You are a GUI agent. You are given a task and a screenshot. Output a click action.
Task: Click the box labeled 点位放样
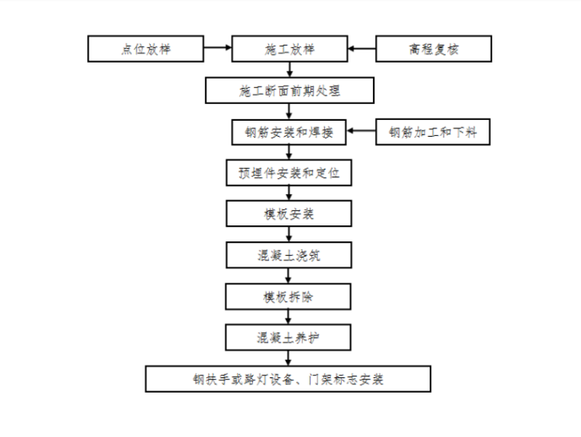click(145, 50)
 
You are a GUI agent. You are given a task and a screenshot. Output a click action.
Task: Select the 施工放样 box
click(289, 50)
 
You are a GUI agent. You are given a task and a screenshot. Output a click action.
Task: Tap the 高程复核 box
click(433, 50)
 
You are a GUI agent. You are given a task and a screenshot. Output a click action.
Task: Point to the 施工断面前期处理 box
click(289, 91)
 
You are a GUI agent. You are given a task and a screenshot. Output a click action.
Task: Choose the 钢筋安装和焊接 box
click(289, 132)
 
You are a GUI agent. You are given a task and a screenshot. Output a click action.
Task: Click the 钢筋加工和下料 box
click(433, 132)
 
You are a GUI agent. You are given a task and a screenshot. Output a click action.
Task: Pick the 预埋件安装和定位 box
click(289, 173)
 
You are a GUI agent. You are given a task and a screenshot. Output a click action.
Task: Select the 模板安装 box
click(289, 214)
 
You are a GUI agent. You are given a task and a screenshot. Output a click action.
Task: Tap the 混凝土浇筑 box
click(289, 255)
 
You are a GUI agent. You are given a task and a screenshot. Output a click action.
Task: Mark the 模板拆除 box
click(289, 296)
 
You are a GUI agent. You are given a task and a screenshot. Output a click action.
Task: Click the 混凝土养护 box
click(289, 336)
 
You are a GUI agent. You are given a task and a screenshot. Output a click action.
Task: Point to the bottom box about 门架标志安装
click(289, 378)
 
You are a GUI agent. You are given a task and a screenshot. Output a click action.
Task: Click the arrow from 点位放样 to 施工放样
click(217, 50)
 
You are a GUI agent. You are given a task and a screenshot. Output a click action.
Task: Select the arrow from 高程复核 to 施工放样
click(361, 50)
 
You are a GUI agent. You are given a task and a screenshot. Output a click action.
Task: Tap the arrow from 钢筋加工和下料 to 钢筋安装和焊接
click(361, 132)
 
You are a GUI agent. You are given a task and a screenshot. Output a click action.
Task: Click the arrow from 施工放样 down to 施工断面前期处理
click(289, 70)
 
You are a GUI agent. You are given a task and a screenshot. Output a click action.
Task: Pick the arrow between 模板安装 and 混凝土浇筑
click(289, 235)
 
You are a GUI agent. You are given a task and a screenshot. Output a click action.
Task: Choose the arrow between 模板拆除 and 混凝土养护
click(289, 316)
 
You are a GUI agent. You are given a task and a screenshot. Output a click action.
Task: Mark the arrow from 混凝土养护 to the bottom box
click(289, 358)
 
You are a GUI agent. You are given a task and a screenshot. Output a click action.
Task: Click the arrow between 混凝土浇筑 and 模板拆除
click(289, 276)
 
